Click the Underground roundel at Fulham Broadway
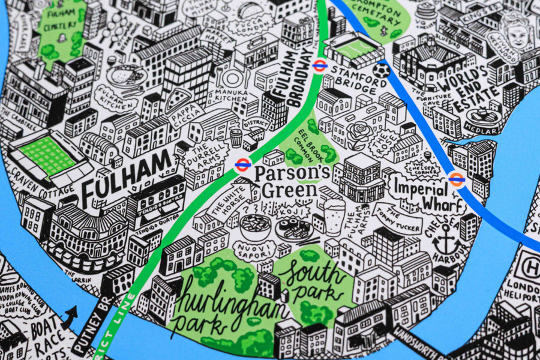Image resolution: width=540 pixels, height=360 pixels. click(319, 65)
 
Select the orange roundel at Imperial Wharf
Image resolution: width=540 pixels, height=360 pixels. click(457, 179)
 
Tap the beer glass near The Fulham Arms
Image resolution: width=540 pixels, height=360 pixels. click(334, 216)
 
